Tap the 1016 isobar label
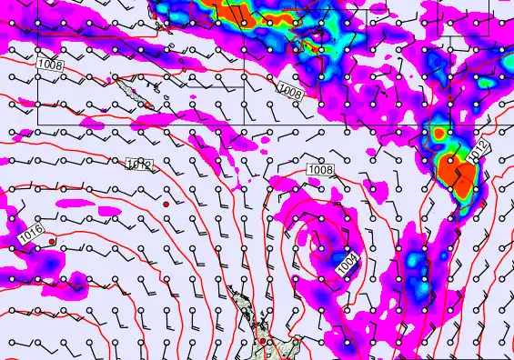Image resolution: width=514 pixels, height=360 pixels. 31,232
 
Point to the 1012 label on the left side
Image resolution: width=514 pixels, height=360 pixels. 139,165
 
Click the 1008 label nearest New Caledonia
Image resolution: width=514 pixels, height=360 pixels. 50,65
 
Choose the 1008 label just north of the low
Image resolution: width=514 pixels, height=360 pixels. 320,170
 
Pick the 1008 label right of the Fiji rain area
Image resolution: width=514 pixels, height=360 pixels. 289,92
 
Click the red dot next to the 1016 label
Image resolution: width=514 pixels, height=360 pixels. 53,241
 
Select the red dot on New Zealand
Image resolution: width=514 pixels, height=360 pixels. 261,341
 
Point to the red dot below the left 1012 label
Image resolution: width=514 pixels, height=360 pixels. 166,205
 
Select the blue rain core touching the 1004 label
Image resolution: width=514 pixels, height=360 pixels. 338,255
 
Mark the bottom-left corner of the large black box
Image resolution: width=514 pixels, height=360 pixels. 37,123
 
